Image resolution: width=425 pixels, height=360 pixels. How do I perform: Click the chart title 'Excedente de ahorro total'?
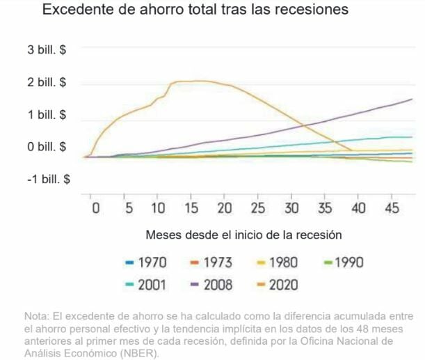(195, 11)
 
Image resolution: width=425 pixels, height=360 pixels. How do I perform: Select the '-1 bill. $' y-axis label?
(48, 179)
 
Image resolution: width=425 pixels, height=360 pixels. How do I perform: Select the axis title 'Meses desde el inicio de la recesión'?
(243, 234)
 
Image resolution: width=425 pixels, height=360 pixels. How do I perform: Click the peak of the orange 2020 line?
(198, 81)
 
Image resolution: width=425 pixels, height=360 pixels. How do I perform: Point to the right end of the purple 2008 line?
(412, 100)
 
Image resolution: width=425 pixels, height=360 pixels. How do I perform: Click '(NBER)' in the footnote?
(143, 353)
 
